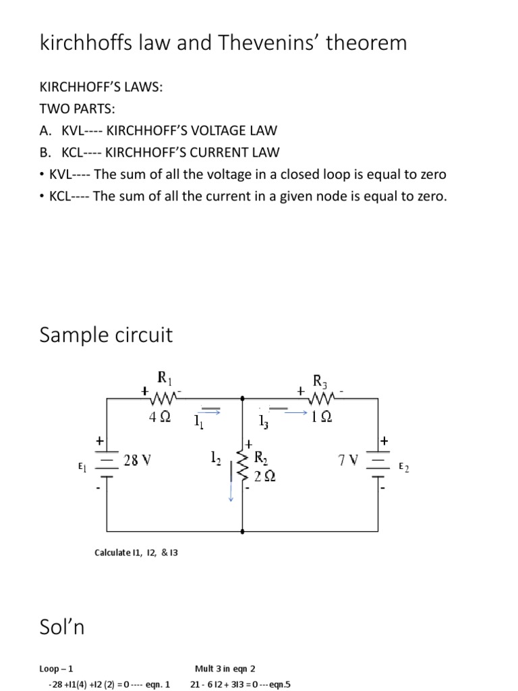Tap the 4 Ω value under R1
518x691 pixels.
(160, 417)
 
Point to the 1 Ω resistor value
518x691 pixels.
(321, 417)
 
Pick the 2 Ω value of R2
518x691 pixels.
(264, 476)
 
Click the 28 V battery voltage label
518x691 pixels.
(138, 460)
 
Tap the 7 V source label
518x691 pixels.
(348, 462)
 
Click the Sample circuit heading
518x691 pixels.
(106, 335)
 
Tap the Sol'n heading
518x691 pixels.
(62, 628)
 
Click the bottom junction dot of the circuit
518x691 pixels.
(242, 532)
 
